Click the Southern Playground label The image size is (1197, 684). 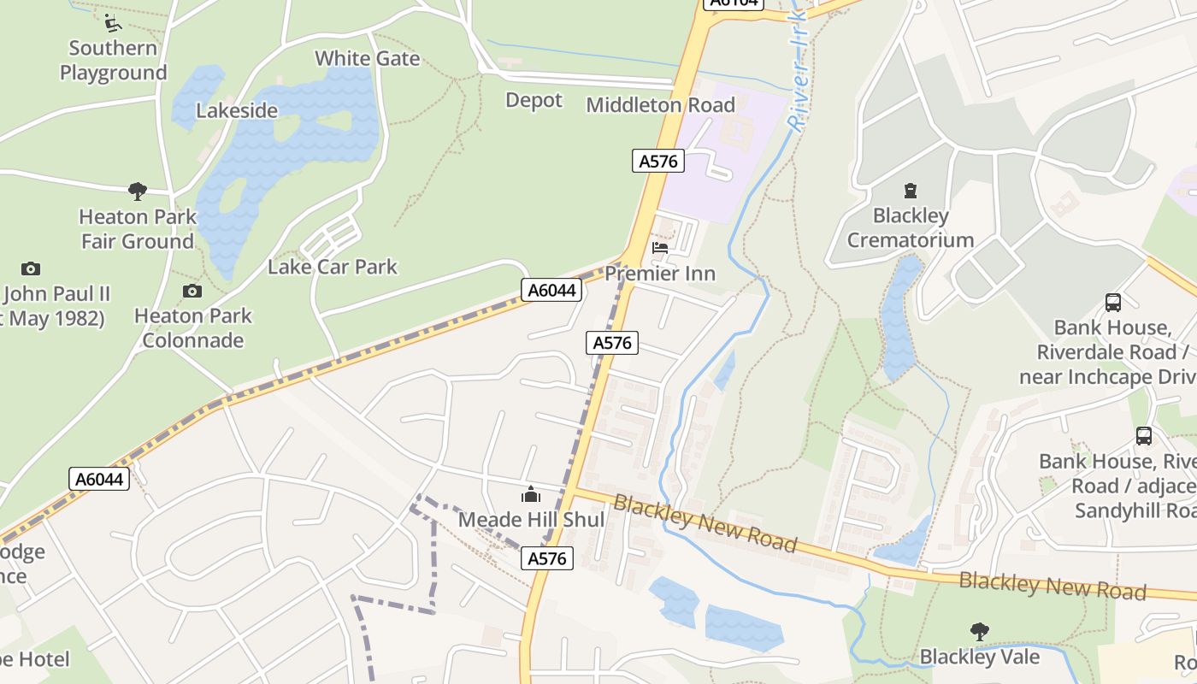click(113, 60)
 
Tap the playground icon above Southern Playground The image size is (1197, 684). click(111, 21)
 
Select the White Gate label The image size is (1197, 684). click(368, 58)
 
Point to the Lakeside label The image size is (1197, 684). click(237, 110)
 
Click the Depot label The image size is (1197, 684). click(534, 100)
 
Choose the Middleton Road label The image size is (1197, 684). click(660, 105)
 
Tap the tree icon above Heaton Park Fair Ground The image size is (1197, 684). click(137, 191)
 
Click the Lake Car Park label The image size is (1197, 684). click(333, 267)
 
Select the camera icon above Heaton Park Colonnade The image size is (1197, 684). click(192, 292)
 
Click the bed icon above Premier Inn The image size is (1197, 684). click(660, 249)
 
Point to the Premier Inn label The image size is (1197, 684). click(660, 274)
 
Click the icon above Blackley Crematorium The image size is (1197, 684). click(910, 191)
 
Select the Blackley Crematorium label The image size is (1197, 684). click(911, 227)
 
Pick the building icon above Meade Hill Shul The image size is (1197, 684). click(531, 495)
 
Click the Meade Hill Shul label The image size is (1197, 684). click(531, 520)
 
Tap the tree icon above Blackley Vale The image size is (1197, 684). click(980, 632)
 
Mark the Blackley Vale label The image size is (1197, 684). click(980, 657)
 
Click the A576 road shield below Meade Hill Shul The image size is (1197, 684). click(547, 559)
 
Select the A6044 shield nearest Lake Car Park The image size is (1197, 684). click(551, 291)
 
